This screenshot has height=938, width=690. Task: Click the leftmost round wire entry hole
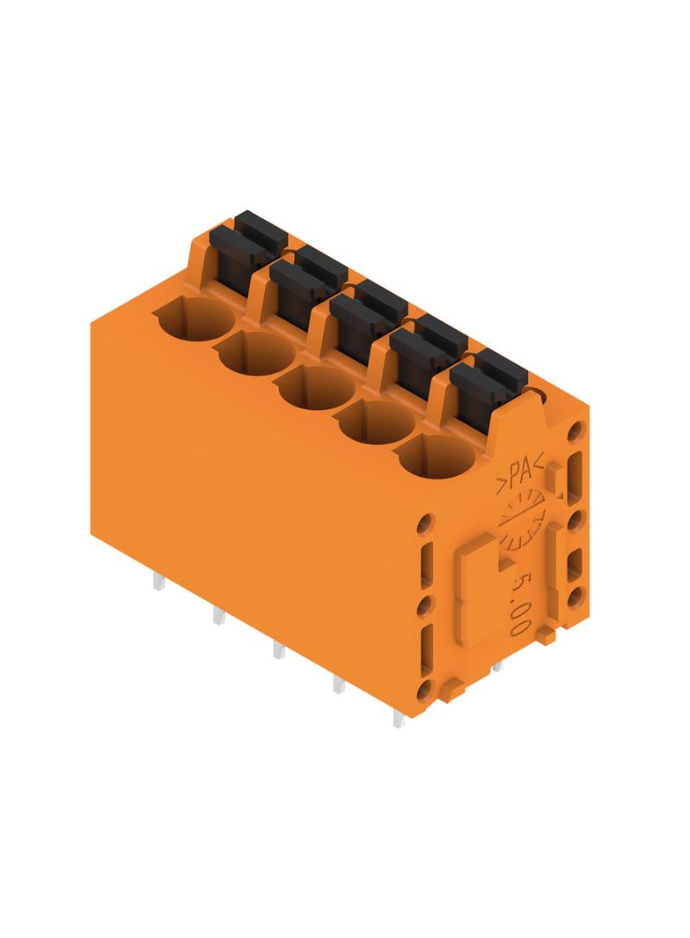pyautogui.click(x=194, y=319)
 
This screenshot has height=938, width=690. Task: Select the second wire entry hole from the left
pyautogui.click(x=257, y=354)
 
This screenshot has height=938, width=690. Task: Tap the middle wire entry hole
pyautogui.click(x=318, y=388)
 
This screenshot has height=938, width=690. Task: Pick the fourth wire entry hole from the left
pyautogui.click(x=378, y=422)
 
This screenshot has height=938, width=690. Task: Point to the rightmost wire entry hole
pyautogui.click(x=437, y=457)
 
